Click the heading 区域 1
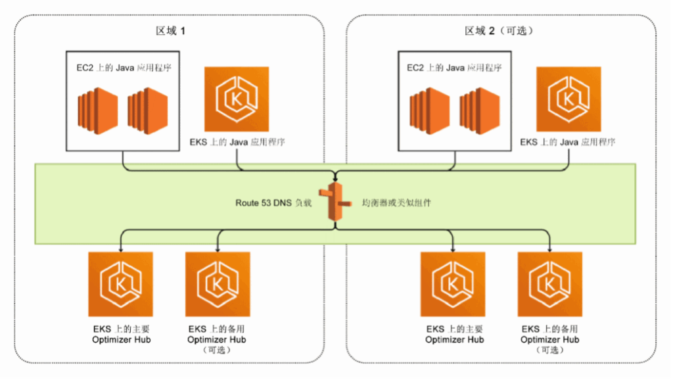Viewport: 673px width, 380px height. pos(170,31)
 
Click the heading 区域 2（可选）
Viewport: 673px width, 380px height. pos(499,31)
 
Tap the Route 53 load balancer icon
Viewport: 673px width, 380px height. pos(335,203)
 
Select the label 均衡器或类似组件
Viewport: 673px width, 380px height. pos(397,203)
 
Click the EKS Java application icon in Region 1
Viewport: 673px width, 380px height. pos(237,99)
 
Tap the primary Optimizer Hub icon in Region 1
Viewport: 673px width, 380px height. pos(120,284)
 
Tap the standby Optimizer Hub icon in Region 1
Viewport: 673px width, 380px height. pos(217,284)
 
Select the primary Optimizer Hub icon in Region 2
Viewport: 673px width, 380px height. pos(453,284)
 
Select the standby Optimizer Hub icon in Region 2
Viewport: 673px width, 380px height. pos(550,284)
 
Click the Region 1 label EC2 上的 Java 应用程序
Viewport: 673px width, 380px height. pos(124,68)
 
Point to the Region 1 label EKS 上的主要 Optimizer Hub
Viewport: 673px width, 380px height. pos(120,334)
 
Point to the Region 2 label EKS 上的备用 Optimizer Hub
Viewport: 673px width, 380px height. pos(550,334)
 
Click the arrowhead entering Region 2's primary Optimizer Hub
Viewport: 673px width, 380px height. pos(453,249)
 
